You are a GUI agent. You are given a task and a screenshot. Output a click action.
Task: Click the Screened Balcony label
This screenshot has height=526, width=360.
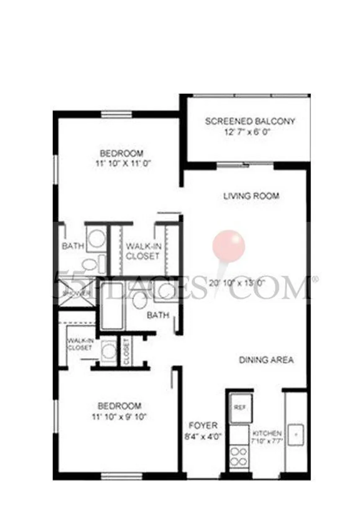pyautogui.click(x=250, y=122)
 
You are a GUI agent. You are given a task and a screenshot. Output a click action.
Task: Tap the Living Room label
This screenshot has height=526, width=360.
pyautogui.click(x=251, y=196)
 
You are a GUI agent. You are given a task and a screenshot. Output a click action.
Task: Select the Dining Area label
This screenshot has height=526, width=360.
pyautogui.click(x=266, y=360)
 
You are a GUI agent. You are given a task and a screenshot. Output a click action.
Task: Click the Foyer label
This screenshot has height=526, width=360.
pyautogui.click(x=203, y=426)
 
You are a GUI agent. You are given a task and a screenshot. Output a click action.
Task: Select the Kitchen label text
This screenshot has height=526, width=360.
pyautogui.click(x=267, y=434)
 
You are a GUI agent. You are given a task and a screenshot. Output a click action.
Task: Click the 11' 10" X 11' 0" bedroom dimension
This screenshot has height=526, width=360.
pyautogui.click(x=121, y=164)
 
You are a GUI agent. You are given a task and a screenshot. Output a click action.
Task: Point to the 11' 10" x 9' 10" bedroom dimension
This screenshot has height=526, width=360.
pyautogui.click(x=119, y=417)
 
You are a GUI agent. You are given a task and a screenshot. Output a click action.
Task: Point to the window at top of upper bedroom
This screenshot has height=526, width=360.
pyautogui.click(x=117, y=114)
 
